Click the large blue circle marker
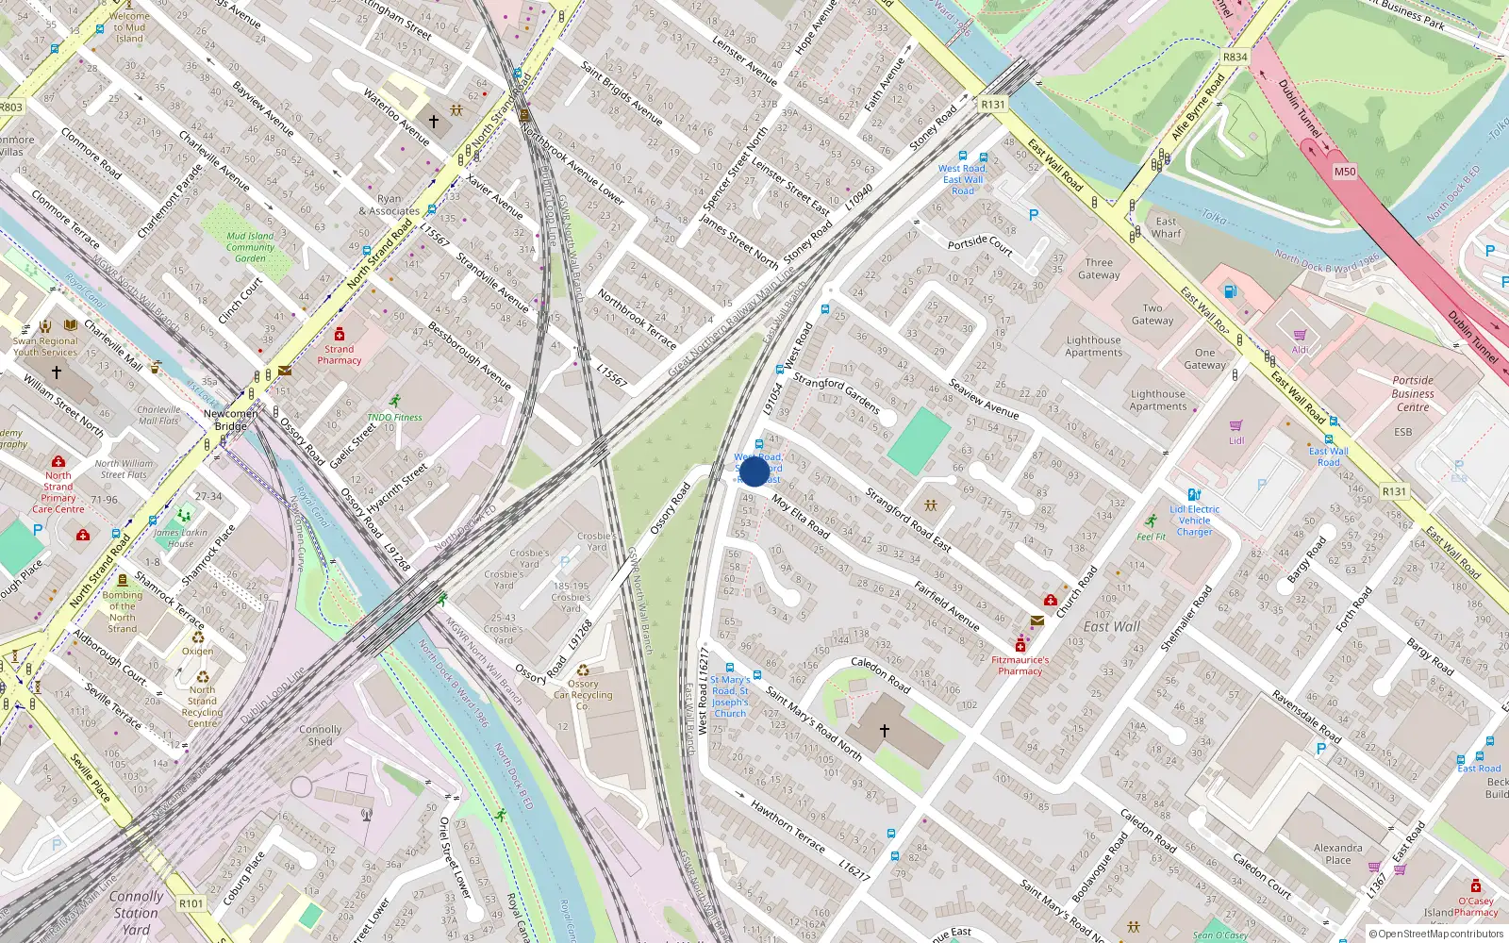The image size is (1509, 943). [x=754, y=471]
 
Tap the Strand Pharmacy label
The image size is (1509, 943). [x=340, y=355]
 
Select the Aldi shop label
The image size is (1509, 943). [x=1300, y=350]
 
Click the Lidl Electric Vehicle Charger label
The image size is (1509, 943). [x=1194, y=521]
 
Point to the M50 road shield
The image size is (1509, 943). [x=1345, y=172]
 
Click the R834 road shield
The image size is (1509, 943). [x=1235, y=57]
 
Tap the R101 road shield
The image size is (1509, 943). [x=191, y=903]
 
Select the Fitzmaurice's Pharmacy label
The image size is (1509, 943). [x=1020, y=666]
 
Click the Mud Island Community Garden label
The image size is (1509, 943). [x=250, y=247]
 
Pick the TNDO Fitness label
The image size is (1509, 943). [x=394, y=417]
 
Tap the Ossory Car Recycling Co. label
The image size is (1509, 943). [x=583, y=695]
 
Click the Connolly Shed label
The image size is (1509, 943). [x=321, y=736]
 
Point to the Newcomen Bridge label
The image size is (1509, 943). [x=231, y=420]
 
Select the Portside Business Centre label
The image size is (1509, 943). [x=1413, y=394]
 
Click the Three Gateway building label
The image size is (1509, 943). [x=1099, y=269]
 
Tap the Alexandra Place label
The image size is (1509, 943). [x=1337, y=853]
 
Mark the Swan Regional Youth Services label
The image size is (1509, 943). [x=45, y=347]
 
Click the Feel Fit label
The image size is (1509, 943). [x=1151, y=537]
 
